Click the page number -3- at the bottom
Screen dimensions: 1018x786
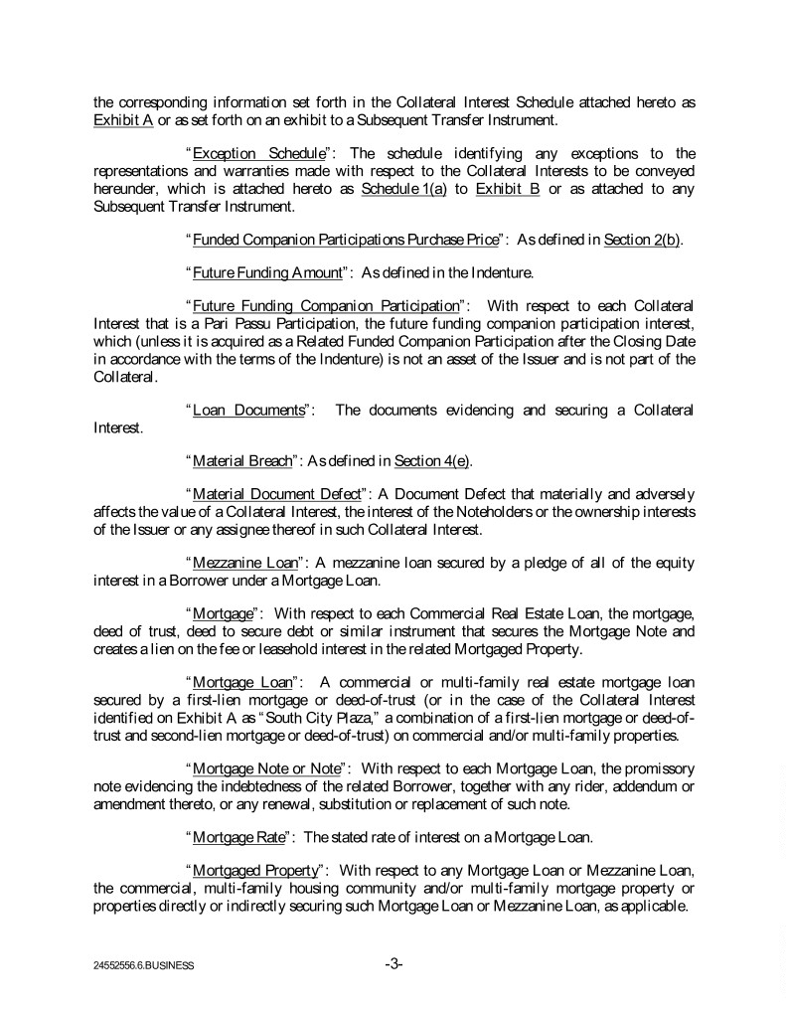click(393, 962)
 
